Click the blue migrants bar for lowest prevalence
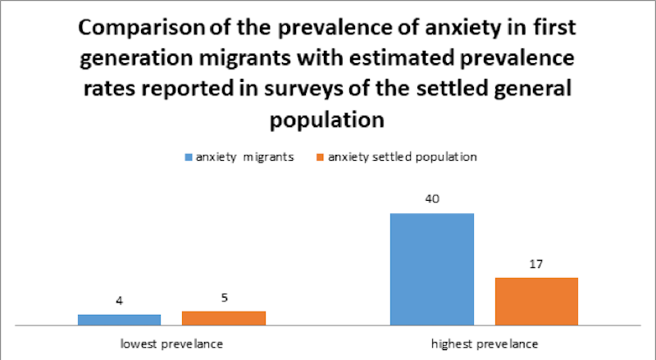coord(119,320)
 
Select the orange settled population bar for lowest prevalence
coord(223,318)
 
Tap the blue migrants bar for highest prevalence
coord(432,269)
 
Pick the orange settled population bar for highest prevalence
coord(536,301)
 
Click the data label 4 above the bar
coord(120,301)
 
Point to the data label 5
coord(224,298)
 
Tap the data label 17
coord(536,264)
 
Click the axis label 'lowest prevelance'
coord(171,342)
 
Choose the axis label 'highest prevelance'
coord(485,342)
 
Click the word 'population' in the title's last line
coord(327,119)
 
